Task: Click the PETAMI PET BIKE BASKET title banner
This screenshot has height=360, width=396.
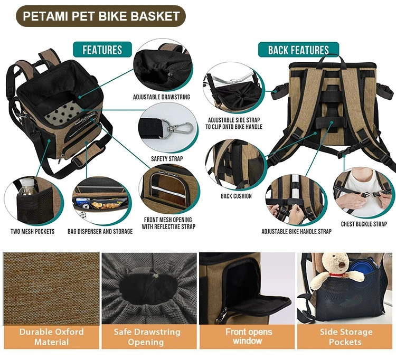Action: (x=101, y=16)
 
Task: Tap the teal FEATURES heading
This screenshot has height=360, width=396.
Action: (x=102, y=50)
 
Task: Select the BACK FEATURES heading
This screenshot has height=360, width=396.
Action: (x=298, y=50)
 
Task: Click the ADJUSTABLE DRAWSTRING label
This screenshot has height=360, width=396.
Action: (x=162, y=97)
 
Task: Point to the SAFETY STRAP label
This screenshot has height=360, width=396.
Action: (x=167, y=159)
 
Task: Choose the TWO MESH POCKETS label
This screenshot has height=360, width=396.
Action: (x=33, y=232)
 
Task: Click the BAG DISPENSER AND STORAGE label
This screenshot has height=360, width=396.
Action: (x=100, y=232)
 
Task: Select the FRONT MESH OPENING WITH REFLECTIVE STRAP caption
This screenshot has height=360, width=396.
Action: (x=168, y=223)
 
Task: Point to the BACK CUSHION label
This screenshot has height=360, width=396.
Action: (x=236, y=196)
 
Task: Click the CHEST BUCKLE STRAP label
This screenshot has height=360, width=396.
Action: (x=364, y=224)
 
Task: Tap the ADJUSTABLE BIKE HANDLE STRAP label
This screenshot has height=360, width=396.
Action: (x=297, y=232)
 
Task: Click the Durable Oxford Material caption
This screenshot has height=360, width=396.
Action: (x=52, y=337)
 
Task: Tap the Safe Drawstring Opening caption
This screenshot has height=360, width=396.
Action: (x=147, y=337)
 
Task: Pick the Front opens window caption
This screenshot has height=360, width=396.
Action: (x=249, y=336)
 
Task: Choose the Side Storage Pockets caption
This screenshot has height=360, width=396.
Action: (x=346, y=337)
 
